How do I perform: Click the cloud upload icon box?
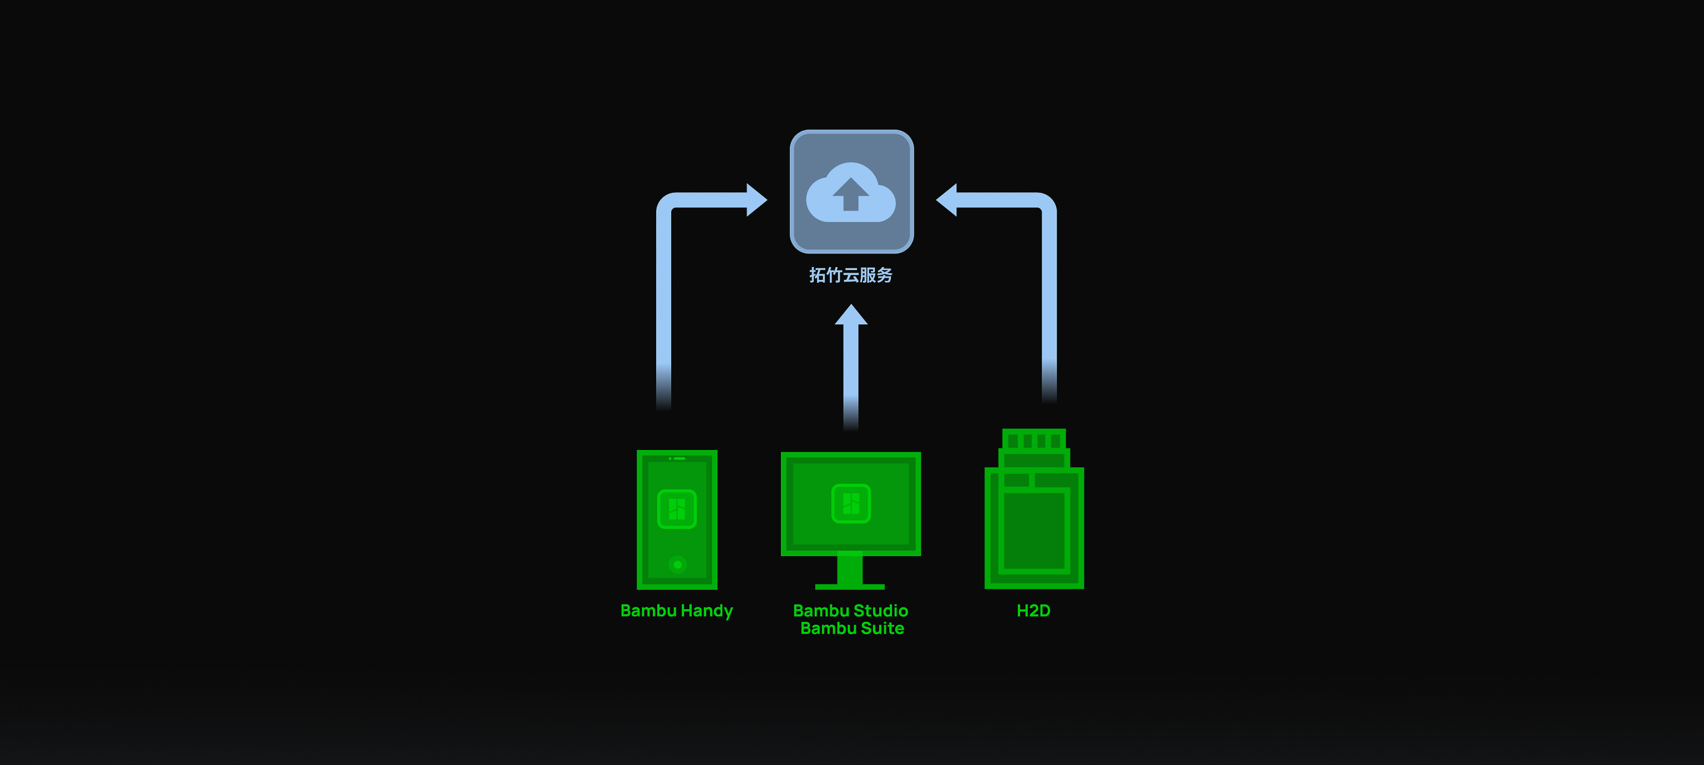(x=851, y=192)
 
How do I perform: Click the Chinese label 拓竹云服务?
(x=851, y=275)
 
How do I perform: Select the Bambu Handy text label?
(x=676, y=611)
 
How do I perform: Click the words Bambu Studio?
(x=851, y=610)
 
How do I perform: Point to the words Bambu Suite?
(x=852, y=628)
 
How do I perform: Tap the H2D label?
(x=1033, y=610)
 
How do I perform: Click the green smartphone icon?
(x=677, y=519)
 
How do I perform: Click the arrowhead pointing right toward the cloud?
(x=755, y=200)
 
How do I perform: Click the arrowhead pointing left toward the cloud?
(x=947, y=200)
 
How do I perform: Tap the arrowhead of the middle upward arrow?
(x=851, y=315)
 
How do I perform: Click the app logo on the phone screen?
(x=677, y=509)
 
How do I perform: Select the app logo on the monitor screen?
(x=851, y=504)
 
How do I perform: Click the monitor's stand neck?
(x=850, y=569)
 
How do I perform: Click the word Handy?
(x=707, y=611)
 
